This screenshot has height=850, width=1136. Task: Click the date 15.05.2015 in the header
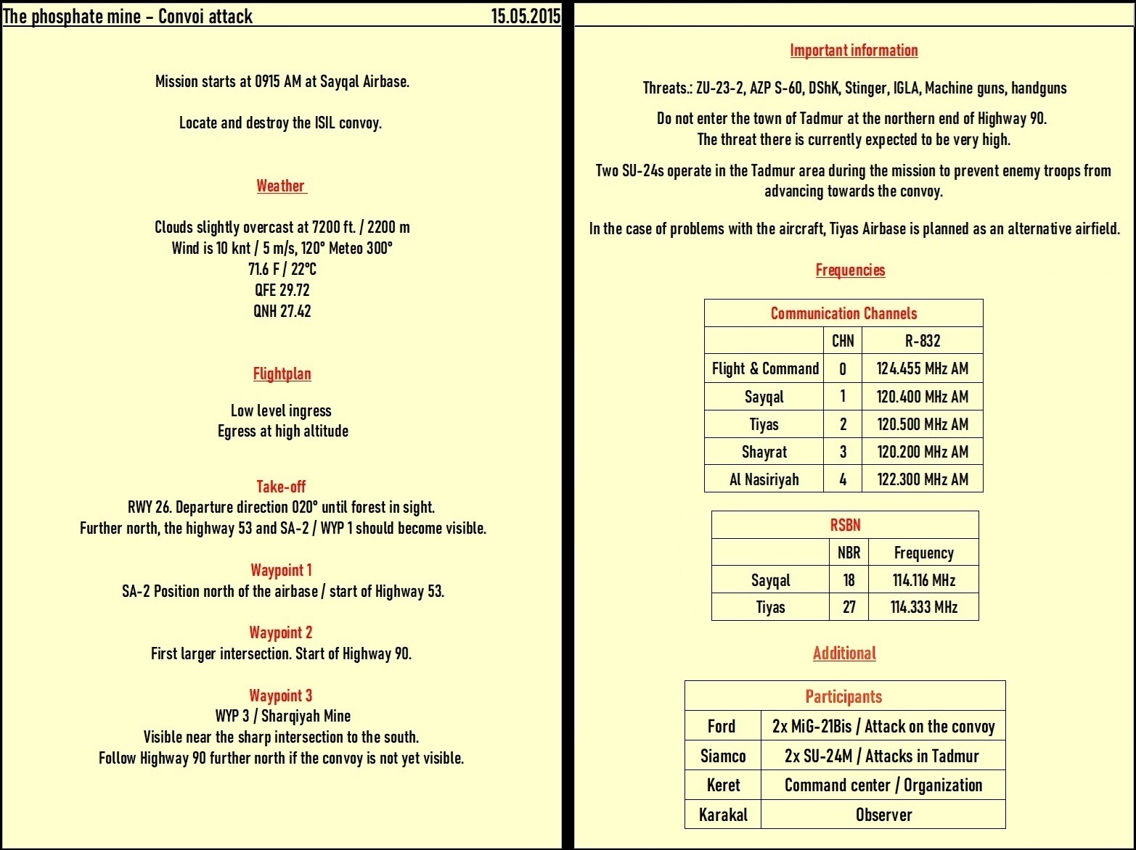coord(526,16)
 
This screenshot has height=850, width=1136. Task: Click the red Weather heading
coord(281,186)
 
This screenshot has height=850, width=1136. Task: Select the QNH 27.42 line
coord(282,311)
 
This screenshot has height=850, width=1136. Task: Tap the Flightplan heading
coord(282,374)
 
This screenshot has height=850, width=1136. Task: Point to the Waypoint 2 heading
coord(281,632)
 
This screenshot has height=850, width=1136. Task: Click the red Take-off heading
coord(281,487)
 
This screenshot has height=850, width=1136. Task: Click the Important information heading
coord(854,50)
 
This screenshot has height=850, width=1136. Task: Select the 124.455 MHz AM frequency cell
coord(922,368)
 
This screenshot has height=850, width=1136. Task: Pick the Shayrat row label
coord(764,452)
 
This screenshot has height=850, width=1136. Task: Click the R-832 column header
coord(922,341)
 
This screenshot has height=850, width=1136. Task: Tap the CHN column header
coord(843,341)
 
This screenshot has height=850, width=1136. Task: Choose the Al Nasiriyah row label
coord(764,479)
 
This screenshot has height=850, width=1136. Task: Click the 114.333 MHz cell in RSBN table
coord(923,607)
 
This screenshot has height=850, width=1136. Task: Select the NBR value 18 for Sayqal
coord(849,580)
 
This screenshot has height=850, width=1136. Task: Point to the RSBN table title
coord(845,525)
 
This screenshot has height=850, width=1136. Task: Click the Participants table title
coord(843,696)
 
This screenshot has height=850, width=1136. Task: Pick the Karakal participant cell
coord(723,814)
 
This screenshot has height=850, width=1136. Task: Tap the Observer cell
coord(883,814)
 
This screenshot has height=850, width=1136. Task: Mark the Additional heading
coord(844,653)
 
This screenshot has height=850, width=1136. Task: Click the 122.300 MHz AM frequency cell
coord(922,479)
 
